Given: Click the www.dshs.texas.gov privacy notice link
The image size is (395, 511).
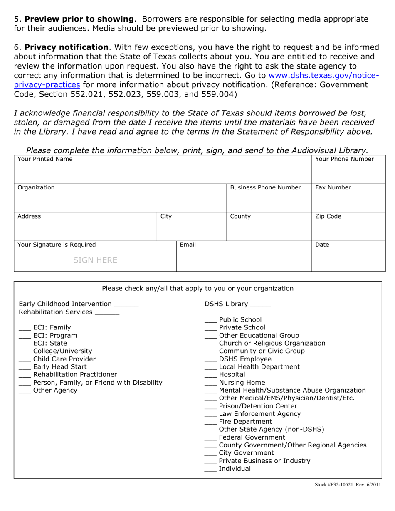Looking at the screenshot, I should click(x=324, y=76).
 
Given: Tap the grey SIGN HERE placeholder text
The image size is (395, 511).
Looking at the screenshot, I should click(x=95, y=260).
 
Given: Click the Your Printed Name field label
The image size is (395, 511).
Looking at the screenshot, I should click(x=45, y=159).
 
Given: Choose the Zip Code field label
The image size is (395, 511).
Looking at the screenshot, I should click(x=328, y=216).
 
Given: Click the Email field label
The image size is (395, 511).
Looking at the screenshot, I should click(x=188, y=245).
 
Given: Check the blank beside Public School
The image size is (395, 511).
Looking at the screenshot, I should click(x=211, y=321).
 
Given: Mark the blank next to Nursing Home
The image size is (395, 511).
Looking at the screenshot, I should click(x=211, y=384).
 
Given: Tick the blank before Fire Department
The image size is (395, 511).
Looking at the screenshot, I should click(x=211, y=423).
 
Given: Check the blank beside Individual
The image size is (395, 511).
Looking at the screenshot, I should click(x=211, y=470).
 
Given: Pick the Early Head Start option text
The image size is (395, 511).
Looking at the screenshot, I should click(x=60, y=367).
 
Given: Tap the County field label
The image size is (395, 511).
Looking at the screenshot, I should click(x=240, y=216).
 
